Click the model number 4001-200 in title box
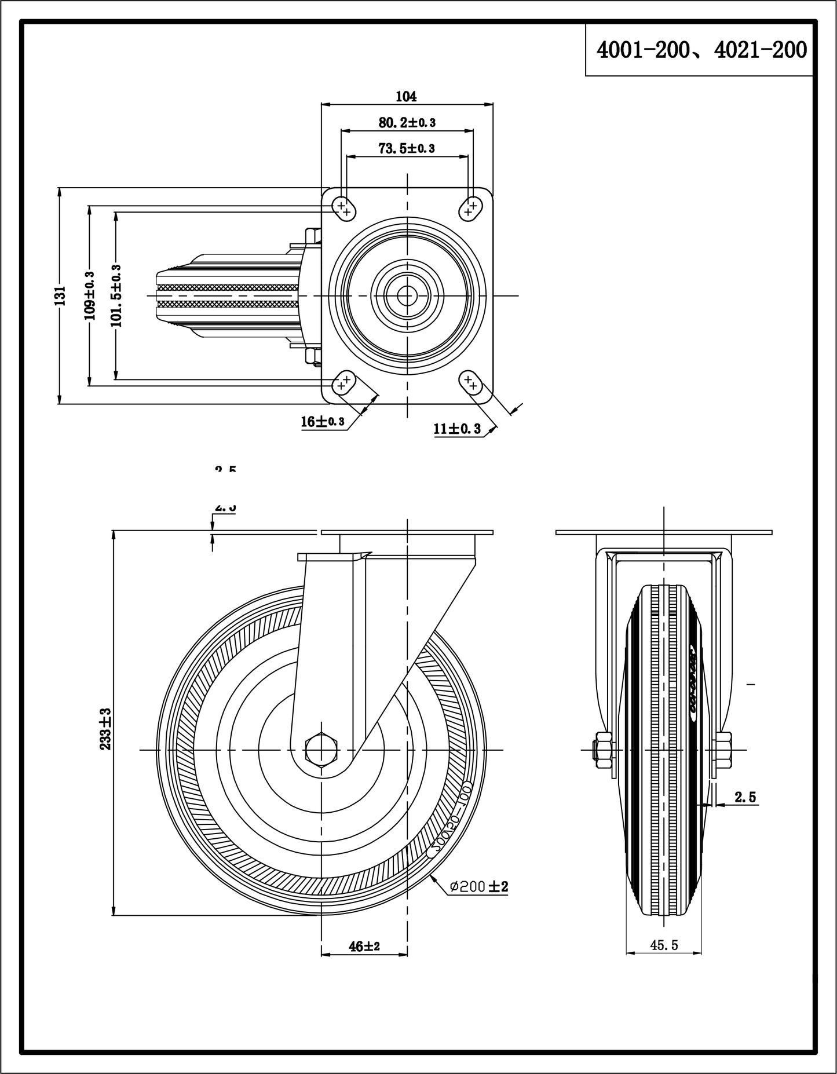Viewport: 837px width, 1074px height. tap(643, 50)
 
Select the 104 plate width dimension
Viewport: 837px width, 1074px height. tap(406, 96)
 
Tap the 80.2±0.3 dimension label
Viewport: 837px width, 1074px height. tap(407, 122)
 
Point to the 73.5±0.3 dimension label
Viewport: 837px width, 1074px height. tap(407, 148)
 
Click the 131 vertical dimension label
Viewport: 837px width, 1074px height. tap(60, 295)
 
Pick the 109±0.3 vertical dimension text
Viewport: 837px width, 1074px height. tap(90, 295)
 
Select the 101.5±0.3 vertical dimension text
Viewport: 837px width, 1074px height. tap(116, 295)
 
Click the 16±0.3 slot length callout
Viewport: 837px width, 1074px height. tap(323, 422)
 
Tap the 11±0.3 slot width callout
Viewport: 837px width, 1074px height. tap(457, 429)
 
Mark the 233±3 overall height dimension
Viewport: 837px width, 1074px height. tap(106, 728)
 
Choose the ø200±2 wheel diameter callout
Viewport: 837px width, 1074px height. tap(479, 886)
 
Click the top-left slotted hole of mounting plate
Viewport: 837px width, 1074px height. tap(343, 208)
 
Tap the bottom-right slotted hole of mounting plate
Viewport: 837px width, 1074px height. tap(471, 382)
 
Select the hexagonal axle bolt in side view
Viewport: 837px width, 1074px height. tap(320, 750)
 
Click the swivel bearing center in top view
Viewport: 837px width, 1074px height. tap(407, 295)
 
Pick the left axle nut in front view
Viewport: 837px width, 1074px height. tap(602, 749)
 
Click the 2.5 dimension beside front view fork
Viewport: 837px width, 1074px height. tap(745, 797)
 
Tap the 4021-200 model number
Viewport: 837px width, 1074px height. tap(760, 50)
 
